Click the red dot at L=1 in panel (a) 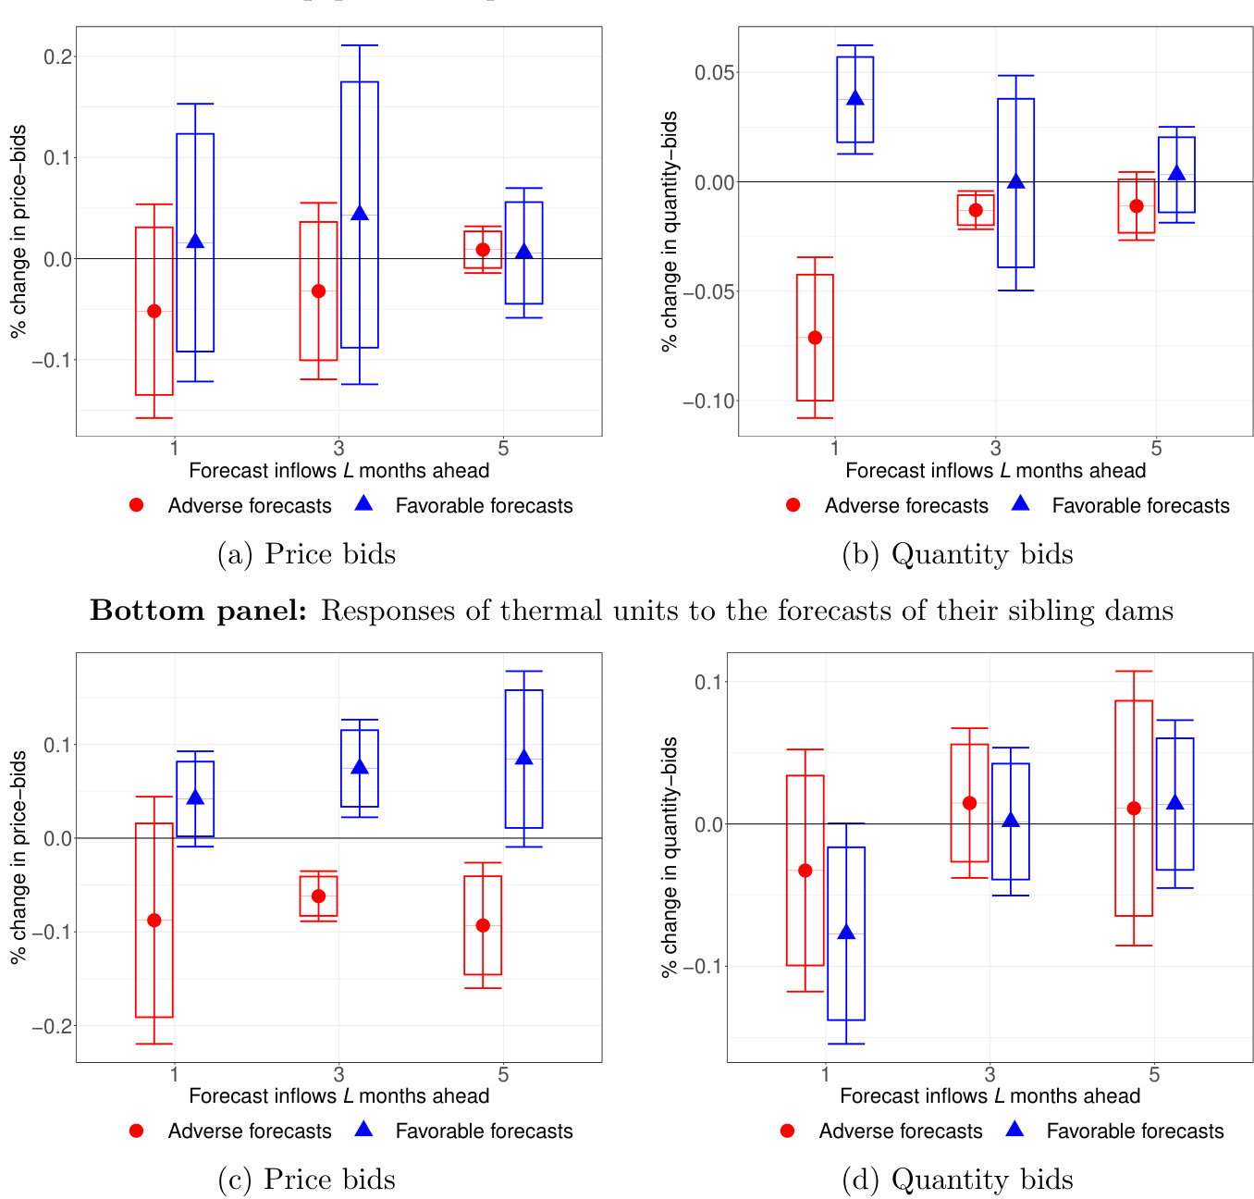[x=154, y=311]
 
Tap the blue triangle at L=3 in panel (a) [x=360, y=214]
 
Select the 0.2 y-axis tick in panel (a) [x=58, y=57]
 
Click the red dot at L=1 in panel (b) [x=815, y=338]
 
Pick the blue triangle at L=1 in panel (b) [x=855, y=98]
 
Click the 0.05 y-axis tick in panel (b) [x=713, y=73]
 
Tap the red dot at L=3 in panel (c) [x=319, y=896]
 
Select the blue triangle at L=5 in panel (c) [x=524, y=758]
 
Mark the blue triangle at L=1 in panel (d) [x=846, y=932]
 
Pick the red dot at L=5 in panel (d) [x=1134, y=809]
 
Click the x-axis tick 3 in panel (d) [x=990, y=1075]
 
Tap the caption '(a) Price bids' [x=306, y=554]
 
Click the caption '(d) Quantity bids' [x=957, y=1180]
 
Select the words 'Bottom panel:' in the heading [x=198, y=611]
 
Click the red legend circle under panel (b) [x=793, y=505]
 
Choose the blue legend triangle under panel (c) [x=363, y=1130]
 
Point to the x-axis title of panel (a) [x=338, y=471]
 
